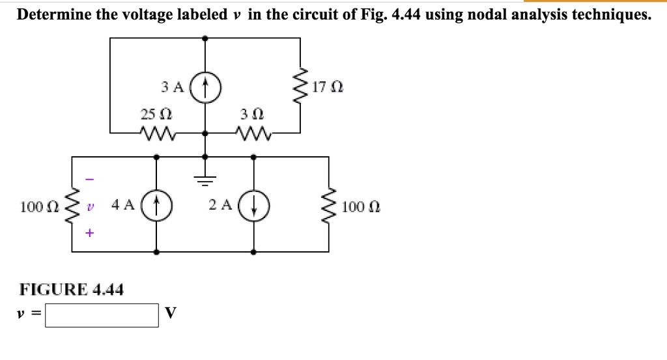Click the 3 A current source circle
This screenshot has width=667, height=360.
tap(205, 86)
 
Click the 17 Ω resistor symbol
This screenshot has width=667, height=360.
tap(300, 87)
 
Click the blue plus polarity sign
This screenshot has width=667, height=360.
tap(90, 232)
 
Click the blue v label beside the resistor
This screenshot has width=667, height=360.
tap(91, 207)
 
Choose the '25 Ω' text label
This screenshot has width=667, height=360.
tap(156, 114)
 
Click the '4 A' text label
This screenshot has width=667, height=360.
tap(123, 206)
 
